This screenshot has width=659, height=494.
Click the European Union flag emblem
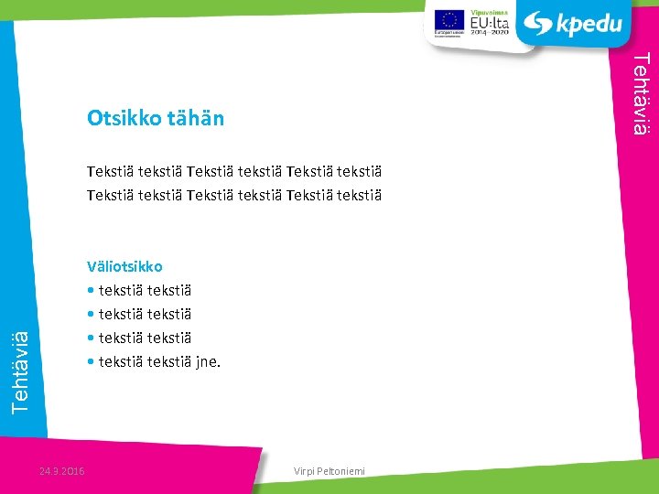448,19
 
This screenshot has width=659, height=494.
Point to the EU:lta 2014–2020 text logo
489,23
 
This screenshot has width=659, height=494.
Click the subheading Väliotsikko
124,266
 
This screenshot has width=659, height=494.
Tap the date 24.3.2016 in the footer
62,471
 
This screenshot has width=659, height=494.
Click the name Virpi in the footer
305,471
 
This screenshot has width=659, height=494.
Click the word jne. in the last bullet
208,361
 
